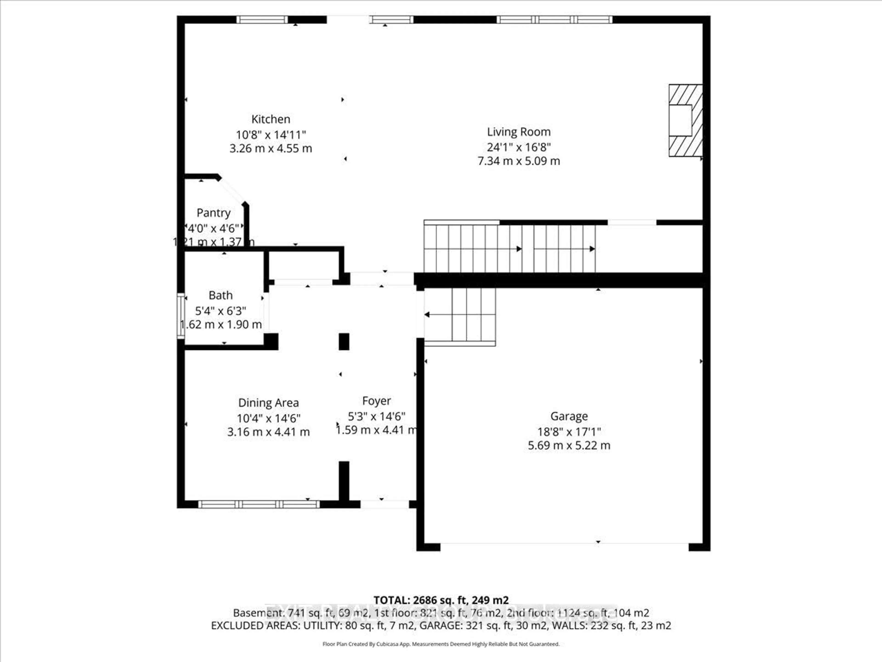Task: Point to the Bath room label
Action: (220, 296)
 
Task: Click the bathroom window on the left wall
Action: (181, 316)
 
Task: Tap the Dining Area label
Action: (268, 403)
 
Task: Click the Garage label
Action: (569, 417)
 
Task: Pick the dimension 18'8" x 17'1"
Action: (569, 432)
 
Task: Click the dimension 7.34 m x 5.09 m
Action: (518, 161)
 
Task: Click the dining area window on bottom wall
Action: (259, 504)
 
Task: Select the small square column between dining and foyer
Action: (344, 342)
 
